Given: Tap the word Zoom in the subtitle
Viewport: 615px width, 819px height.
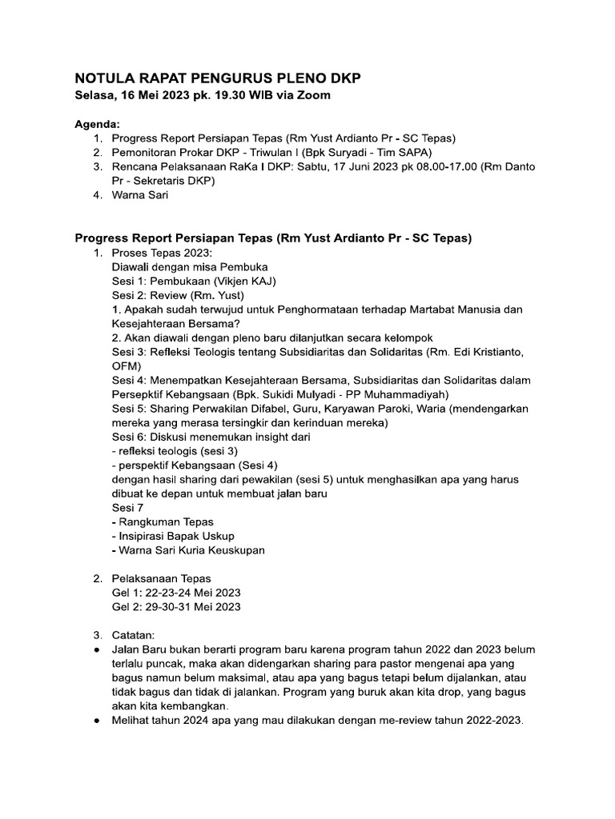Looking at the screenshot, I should (314, 95).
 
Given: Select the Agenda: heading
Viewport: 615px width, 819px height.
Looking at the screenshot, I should (97, 125).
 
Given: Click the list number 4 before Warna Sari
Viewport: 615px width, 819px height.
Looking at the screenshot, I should (97, 194).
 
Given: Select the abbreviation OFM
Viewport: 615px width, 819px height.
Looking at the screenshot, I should (126, 365).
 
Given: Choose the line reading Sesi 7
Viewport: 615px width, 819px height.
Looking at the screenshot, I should (128, 507).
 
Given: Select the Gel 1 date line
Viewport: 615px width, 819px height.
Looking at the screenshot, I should (176, 592).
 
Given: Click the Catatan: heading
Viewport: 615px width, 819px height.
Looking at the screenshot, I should (138, 634).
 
